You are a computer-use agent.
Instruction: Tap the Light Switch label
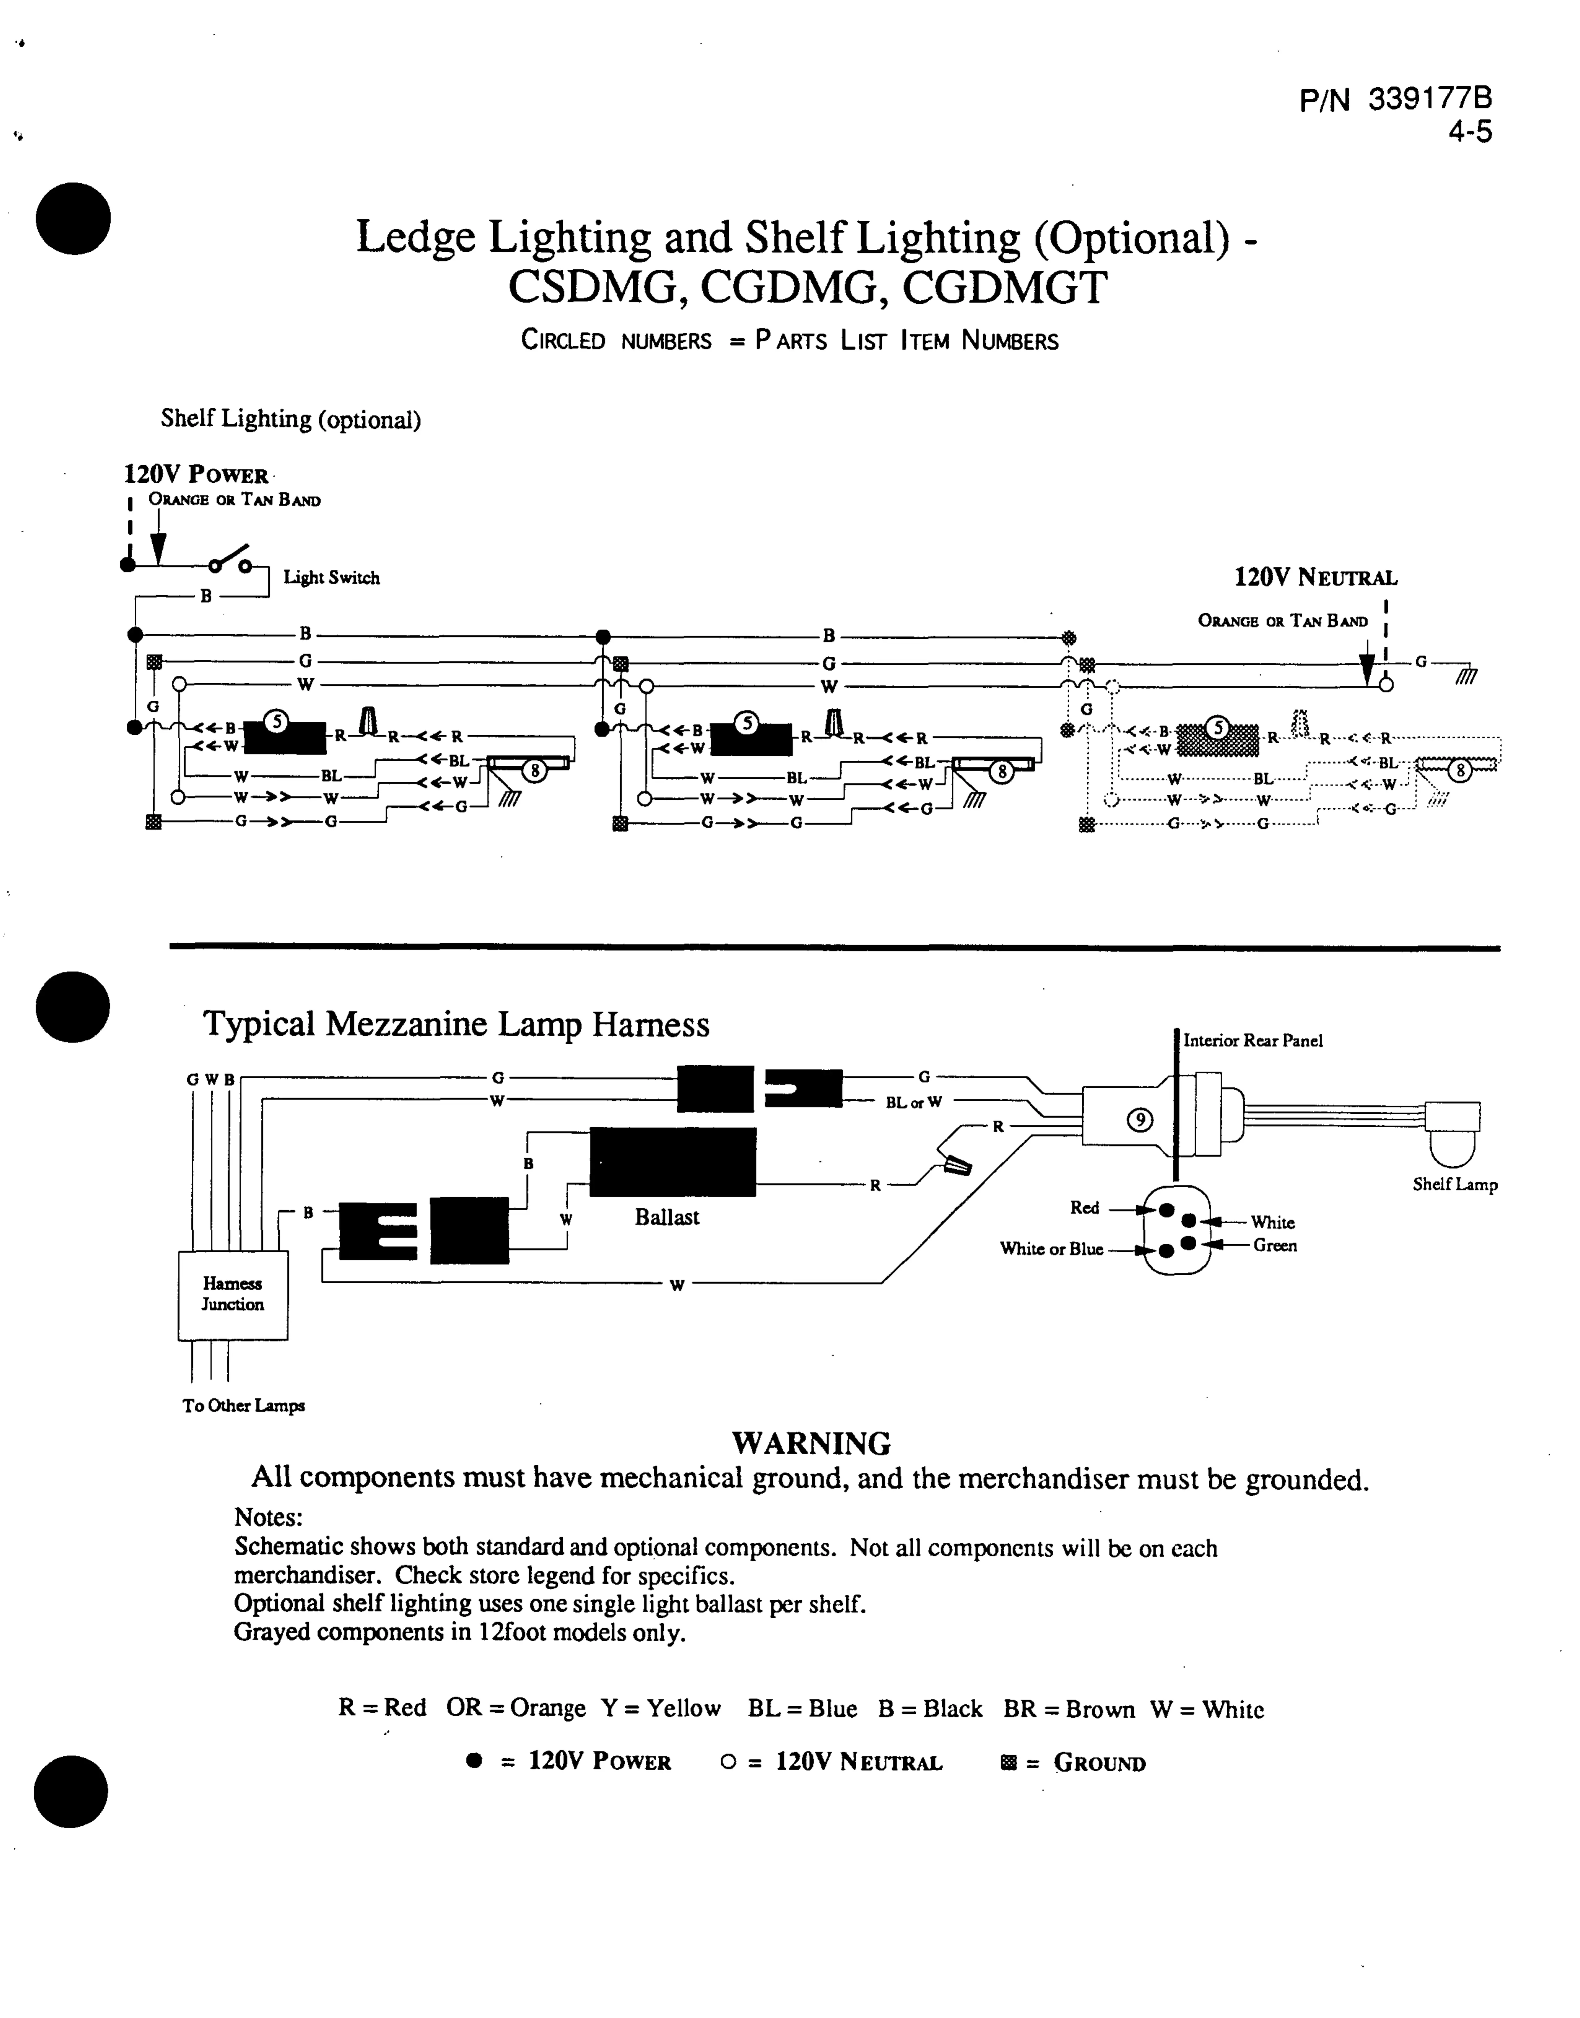[331, 578]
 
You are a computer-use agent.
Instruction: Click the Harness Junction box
[232, 1294]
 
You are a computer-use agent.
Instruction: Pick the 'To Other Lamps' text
[243, 1406]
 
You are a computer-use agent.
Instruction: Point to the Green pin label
[1275, 1246]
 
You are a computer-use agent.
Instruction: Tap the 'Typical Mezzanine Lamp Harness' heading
[456, 1024]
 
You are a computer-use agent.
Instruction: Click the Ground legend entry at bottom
[1073, 1763]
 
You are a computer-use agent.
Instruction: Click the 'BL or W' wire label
[914, 1102]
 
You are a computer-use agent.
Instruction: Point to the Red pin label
[1084, 1208]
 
